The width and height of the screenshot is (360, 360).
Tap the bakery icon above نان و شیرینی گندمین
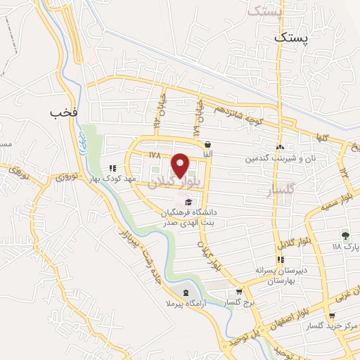tap(281, 147)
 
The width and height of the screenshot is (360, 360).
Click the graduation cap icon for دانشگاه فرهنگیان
tap(187, 202)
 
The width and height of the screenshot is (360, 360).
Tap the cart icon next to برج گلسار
tap(239, 292)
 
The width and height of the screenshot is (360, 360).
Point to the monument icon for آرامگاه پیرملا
tap(185, 292)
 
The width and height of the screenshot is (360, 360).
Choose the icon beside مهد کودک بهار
tap(112, 168)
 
